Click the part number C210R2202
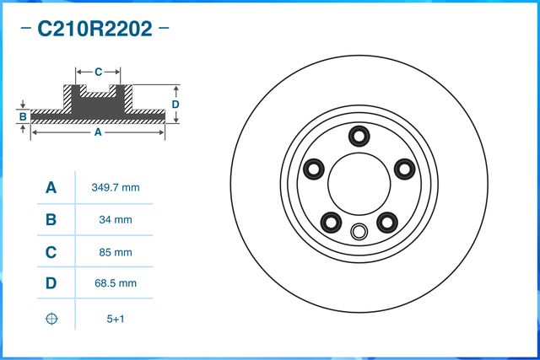tap(94, 30)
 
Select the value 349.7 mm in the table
tap(115, 187)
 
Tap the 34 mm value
tap(115, 220)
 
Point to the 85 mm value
tap(115, 252)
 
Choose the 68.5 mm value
tap(115, 284)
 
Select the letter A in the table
tap(51, 187)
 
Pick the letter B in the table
tap(51, 220)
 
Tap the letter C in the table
tap(51, 252)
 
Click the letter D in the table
tap(51, 284)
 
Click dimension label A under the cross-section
tap(98, 132)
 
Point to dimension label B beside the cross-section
tap(23, 115)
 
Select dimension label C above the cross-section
tap(98, 72)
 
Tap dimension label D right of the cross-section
tap(175, 104)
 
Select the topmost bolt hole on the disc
tap(360, 134)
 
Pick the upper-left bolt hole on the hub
tap(314, 169)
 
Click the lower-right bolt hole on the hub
tap(388, 222)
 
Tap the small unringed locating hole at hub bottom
tap(359, 232)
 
